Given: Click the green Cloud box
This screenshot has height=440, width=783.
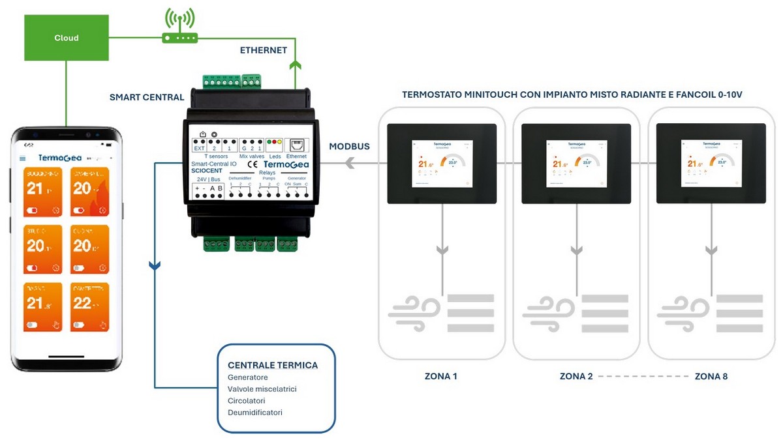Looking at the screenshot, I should [66, 38].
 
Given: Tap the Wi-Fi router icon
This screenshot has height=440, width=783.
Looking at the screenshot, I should [179, 29].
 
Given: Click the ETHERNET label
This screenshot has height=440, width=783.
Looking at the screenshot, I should [264, 50].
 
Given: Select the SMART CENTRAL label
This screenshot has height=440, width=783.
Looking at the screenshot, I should [147, 98].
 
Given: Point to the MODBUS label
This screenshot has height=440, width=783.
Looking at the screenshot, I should [350, 147].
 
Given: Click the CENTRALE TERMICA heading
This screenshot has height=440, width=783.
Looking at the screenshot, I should [273, 365].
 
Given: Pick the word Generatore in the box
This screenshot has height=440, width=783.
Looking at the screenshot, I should [248, 377].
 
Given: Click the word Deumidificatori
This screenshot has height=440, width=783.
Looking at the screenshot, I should [255, 413].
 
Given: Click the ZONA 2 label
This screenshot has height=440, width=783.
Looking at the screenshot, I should [576, 376].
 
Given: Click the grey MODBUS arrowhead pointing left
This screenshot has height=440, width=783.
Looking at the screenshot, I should [350, 164].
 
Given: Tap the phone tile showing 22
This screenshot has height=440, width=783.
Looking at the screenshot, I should [89, 306].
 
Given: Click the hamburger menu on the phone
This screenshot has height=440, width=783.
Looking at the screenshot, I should [23, 158].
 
